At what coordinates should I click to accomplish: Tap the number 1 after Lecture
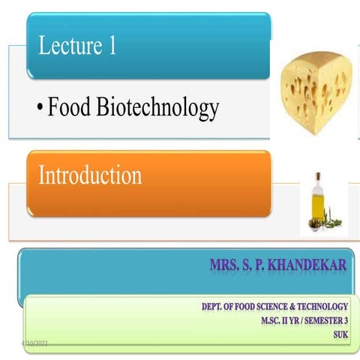(x=111, y=46)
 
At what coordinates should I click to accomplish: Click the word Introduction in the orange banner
(x=89, y=176)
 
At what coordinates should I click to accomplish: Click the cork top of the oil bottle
(x=318, y=176)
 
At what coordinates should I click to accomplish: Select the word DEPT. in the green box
(x=214, y=307)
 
